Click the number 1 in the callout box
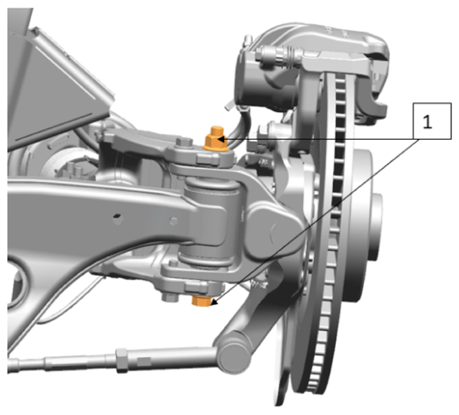click(427, 122)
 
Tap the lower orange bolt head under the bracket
click(202, 301)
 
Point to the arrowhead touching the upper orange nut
click(222, 139)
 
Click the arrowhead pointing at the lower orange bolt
click(215, 303)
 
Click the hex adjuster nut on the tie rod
click(122, 360)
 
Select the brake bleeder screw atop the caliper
click(249, 40)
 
